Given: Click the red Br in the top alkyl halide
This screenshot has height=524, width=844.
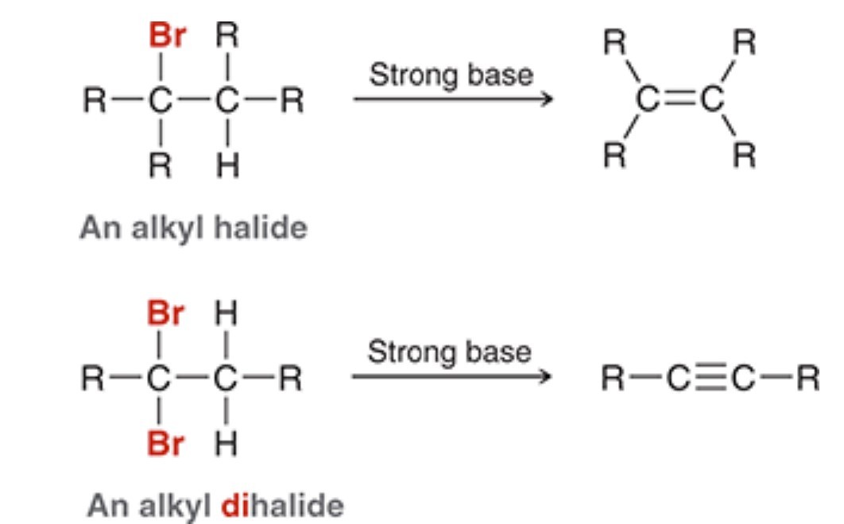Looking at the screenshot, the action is tap(165, 37).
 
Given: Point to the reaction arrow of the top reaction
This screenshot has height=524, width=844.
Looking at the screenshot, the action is tap(452, 100).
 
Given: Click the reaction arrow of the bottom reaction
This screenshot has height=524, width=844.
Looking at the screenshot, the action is tap(451, 376).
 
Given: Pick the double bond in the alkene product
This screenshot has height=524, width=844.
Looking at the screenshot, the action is tap(679, 99).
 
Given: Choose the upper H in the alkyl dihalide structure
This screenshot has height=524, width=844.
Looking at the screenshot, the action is tap(228, 315).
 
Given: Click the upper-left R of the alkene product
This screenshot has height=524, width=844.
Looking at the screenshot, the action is tap(613, 41).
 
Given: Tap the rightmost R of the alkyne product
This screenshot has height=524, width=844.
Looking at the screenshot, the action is tap(807, 380).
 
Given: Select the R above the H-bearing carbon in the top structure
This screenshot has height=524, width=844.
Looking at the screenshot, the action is tap(228, 37).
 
